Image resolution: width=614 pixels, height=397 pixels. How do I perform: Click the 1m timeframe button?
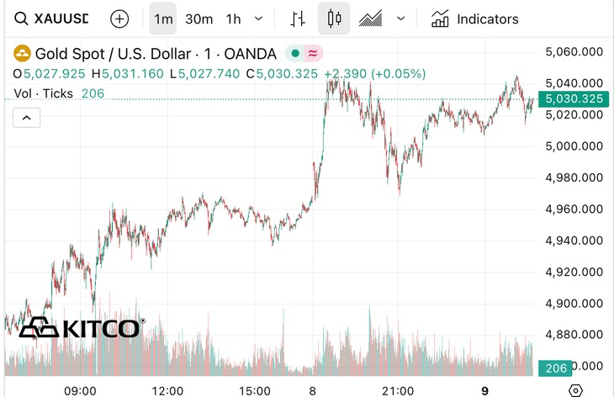[x=163, y=19]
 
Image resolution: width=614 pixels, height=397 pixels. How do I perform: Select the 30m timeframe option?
[x=198, y=19]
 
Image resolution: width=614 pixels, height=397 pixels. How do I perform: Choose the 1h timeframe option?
[x=234, y=19]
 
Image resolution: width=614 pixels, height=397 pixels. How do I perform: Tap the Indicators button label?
[x=487, y=19]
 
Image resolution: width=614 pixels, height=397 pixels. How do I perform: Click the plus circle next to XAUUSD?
[x=120, y=19]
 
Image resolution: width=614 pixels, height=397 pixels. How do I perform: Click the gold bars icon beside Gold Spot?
[x=22, y=54]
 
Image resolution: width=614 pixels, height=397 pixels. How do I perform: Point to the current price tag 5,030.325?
[x=574, y=98]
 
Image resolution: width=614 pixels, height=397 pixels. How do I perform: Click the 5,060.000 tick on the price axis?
[x=574, y=52]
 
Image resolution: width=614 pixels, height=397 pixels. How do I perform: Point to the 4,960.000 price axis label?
[x=574, y=209]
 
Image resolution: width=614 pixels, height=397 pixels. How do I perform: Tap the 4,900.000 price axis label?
[x=574, y=304]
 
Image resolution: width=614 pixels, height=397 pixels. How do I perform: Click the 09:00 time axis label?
[x=80, y=390]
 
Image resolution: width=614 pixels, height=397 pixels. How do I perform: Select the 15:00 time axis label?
[x=255, y=390]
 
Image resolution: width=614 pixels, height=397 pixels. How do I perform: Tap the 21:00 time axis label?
[x=397, y=390]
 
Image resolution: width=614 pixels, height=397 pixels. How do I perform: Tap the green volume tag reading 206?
[x=554, y=368]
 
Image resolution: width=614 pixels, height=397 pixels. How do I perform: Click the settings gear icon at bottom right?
[x=576, y=390]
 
